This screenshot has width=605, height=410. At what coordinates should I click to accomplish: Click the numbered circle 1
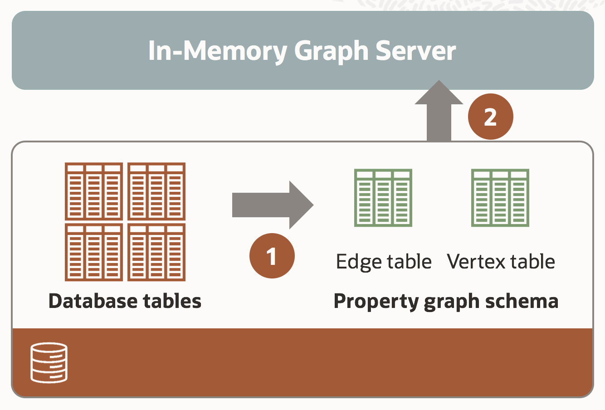(x=272, y=256)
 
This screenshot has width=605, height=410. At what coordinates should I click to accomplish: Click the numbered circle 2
(x=490, y=117)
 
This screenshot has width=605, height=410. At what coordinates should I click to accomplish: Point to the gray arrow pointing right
(x=273, y=205)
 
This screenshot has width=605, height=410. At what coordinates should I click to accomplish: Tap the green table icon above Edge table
(x=383, y=198)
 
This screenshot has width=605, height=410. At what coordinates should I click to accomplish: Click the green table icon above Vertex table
(x=500, y=198)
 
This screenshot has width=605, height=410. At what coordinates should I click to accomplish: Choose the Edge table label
(x=384, y=262)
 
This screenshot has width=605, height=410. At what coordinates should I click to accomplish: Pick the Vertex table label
(x=501, y=262)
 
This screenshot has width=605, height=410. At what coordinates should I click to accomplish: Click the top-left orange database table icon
(x=94, y=191)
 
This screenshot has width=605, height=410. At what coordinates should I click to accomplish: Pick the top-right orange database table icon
(x=156, y=191)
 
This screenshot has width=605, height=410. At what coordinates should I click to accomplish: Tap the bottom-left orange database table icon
(x=94, y=252)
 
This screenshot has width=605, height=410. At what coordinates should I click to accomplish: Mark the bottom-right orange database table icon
(x=156, y=252)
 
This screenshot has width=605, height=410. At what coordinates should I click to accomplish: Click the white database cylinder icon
(x=49, y=363)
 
